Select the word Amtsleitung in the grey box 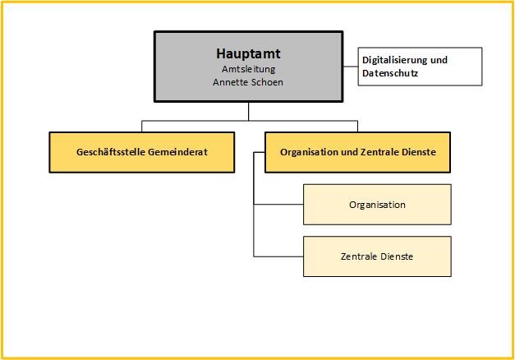tap(249, 69)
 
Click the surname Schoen tap(267, 82)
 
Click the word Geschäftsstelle tap(108, 152)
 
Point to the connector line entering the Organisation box tap(279, 205)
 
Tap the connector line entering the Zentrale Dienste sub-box tap(279, 256)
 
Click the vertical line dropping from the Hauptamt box tap(249, 111)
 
